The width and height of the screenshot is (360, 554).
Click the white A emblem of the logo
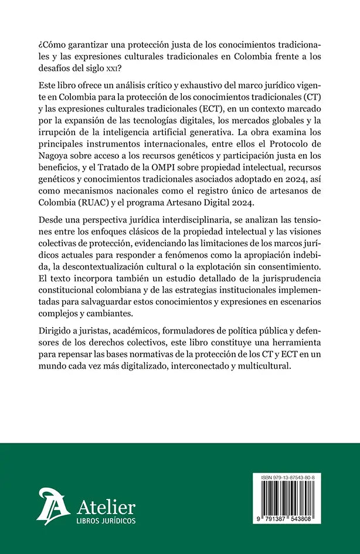[53, 508]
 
